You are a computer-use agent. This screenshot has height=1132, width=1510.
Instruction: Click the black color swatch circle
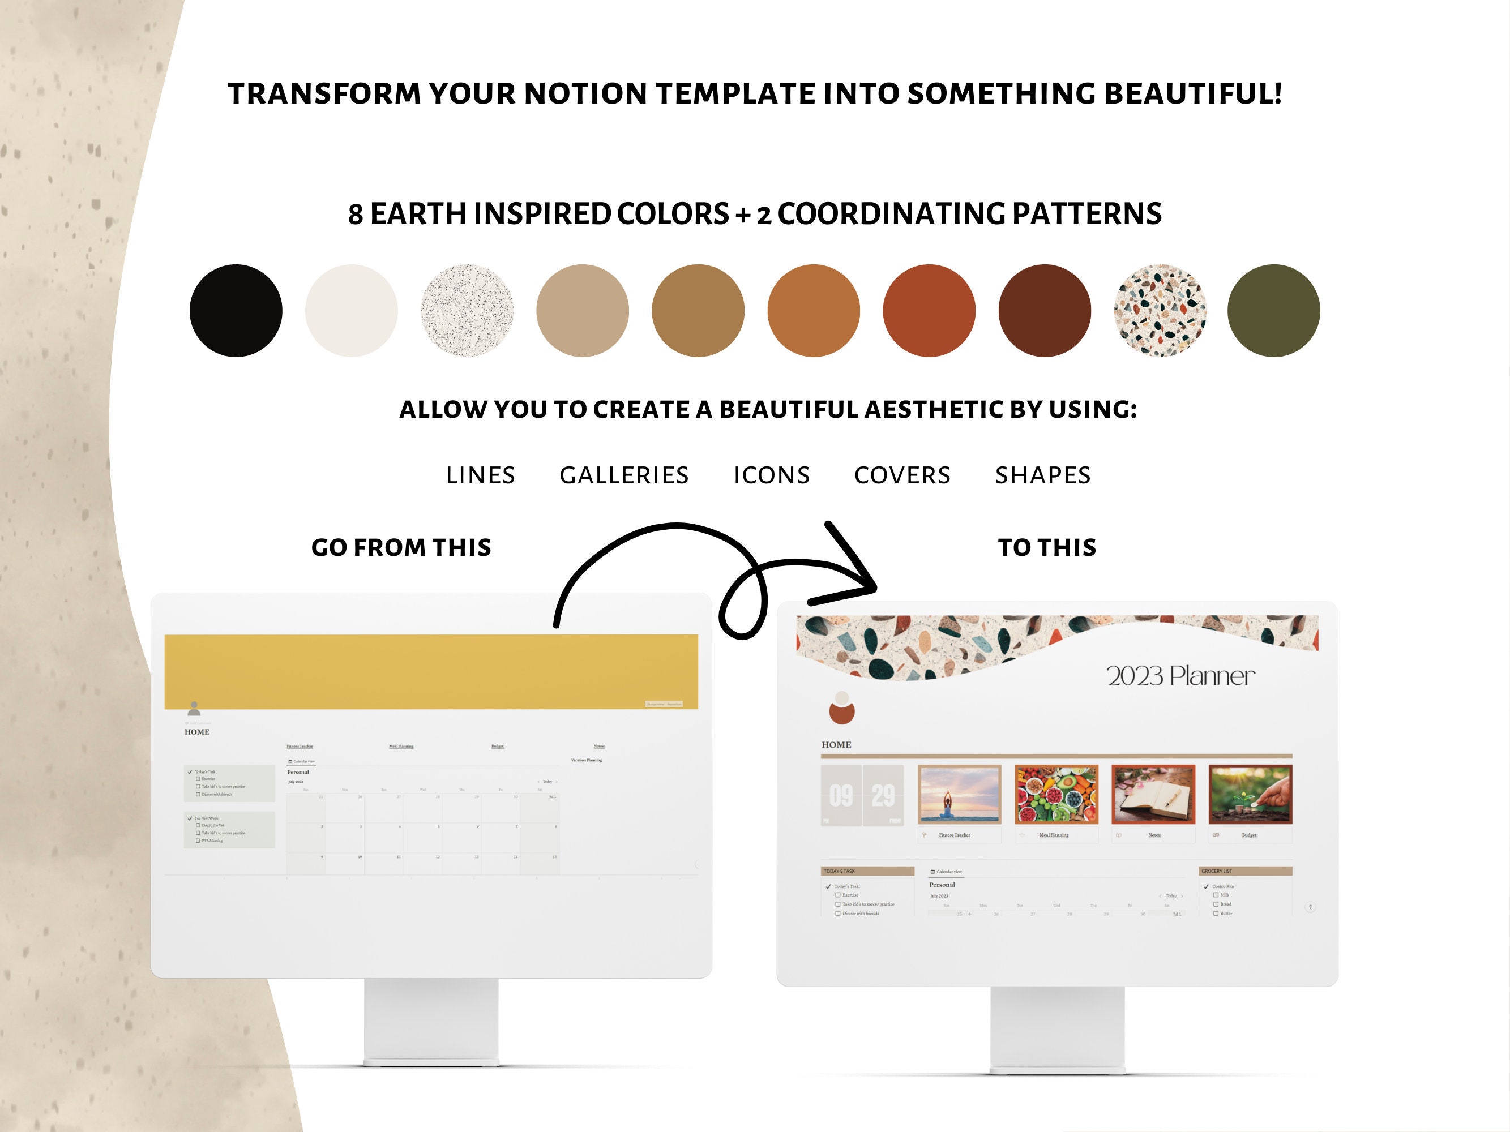pyautogui.click(x=236, y=311)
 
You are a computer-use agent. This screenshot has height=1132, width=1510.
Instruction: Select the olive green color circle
pyautogui.click(x=1273, y=311)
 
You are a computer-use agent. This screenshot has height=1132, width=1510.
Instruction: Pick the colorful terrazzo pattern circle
pyautogui.click(x=1160, y=311)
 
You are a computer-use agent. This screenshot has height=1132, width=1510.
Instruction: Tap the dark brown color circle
pyautogui.click(x=1045, y=311)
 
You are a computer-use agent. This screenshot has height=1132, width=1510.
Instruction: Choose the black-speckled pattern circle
pyautogui.click(x=467, y=311)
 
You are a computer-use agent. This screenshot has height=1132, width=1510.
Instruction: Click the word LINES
pyautogui.click(x=481, y=475)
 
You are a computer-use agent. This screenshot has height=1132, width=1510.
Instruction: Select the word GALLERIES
pyautogui.click(x=624, y=475)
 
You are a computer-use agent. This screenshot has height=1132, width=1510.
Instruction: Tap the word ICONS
pyautogui.click(x=771, y=475)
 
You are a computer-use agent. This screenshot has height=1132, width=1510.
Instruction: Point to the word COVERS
pyautogui.click(x=902, y=475)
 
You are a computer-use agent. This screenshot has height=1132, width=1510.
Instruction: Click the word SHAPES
pyautogui.click(x=1042, y=475)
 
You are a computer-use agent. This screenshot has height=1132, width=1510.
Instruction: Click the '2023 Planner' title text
pyautogui.click(x=1180, y=675)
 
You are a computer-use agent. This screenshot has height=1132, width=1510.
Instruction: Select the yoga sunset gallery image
pyautogui.click(x=959, y=794)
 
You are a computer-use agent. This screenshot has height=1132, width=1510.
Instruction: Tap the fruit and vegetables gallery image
pyautogui.click(x=1056, y=794)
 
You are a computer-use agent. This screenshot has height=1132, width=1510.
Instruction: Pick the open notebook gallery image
pyautogui.click(x=1153, y=794)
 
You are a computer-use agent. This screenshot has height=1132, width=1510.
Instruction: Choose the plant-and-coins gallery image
pyautogui.click(x=1250, y=794)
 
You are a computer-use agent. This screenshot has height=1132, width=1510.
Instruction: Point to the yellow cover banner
pyautogui.click(x=431, y=671)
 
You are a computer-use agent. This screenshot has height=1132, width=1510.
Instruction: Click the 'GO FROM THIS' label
pyautogui.click(x=401, y=547)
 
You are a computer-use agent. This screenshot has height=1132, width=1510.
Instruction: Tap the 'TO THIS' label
pyautogui.click(x=1046, y=547)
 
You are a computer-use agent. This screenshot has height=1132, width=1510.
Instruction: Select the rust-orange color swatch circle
pyautogui.click(x=929, y=311)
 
